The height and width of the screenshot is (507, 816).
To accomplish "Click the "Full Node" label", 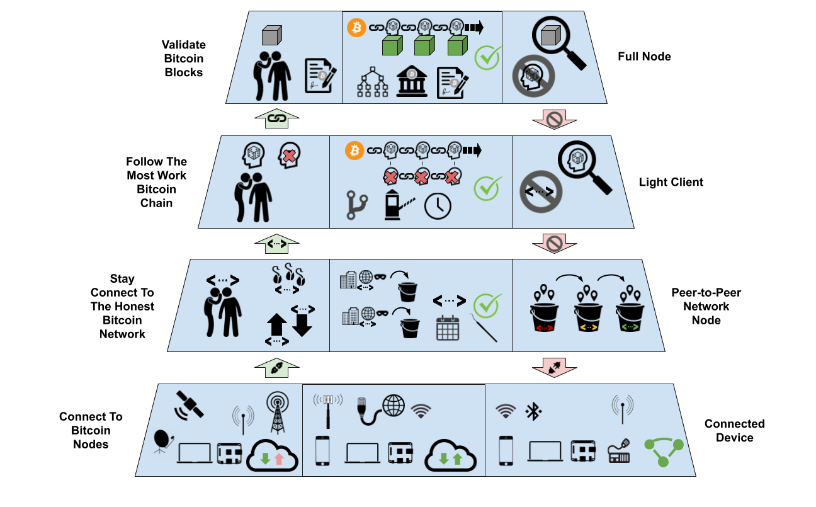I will click(644, 57).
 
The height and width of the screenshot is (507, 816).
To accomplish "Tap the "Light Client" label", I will click(671, 183).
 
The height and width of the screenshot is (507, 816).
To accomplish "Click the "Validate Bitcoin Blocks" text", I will click(183, 59).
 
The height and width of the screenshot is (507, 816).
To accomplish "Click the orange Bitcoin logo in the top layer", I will click(356, 28).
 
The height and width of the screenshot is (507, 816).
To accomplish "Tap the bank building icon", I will click(411, 83).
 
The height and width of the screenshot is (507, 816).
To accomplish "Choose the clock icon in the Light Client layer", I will click(438, 207).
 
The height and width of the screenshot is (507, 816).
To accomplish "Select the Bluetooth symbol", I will click(534, 412).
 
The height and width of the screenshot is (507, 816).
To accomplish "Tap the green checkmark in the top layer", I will click(487, 57).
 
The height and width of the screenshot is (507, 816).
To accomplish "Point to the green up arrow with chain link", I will click(275, 118).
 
